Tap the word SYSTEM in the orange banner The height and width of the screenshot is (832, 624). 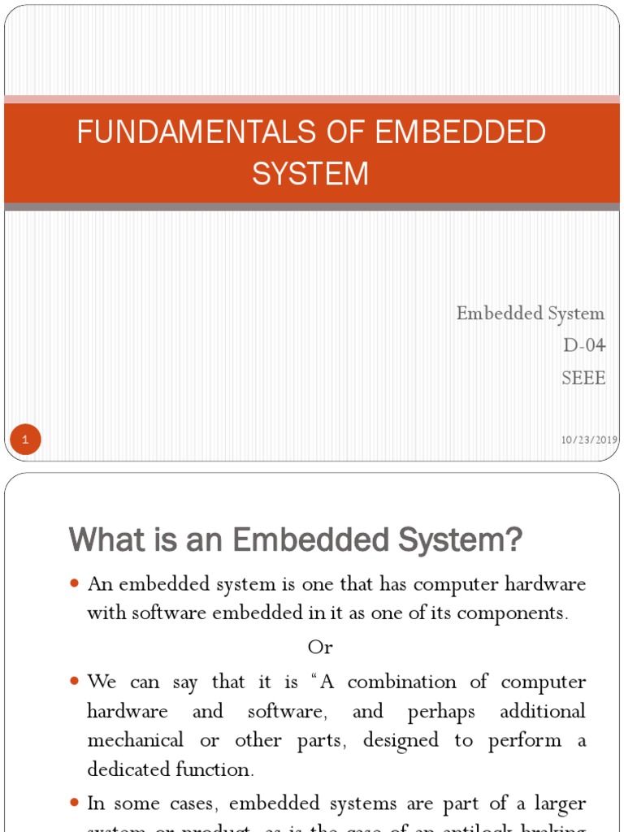click(x=310, y=174)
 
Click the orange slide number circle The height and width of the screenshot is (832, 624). click(x=25, y=440)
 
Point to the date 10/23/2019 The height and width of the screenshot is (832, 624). click(x=589, y=440)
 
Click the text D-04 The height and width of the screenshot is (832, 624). click(x=584, y=345)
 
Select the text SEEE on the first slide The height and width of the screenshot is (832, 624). click(x=583, y=378)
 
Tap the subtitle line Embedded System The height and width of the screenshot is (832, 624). click(x=531, y=314)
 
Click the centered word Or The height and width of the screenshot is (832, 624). click(x=320, y=648)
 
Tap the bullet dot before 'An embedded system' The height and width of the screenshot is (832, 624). click(x=75, y=584)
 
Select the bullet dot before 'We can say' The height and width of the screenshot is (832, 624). click(x=75, y=681)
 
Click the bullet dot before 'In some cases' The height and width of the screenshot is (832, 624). click(x=75, y=804)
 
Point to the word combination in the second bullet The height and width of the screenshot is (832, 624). click(x=405, y=682)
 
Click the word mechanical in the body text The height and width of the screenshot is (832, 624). click(x=136, y=740)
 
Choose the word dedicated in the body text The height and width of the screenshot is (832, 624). click(x=127, y=769)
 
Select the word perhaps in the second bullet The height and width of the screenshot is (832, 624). click(x=441, y=712)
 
